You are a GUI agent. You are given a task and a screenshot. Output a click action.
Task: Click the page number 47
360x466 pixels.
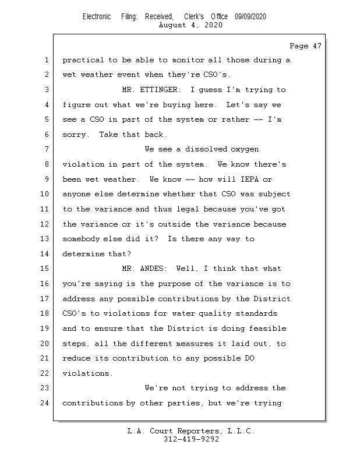tap(316, 46)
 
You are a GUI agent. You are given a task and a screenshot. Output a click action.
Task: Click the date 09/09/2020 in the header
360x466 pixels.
tap(250, 17)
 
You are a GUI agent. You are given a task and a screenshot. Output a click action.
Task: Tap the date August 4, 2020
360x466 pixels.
tap(190, 26)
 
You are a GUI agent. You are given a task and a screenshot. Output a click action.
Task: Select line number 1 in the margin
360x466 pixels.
tap(46, 61)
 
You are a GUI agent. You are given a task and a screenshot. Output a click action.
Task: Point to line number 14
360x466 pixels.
tap(44, 254)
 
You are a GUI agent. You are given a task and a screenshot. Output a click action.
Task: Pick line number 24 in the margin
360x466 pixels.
tap(44, 403)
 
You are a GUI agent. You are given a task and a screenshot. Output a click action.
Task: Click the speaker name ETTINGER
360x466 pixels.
tap(160, 90)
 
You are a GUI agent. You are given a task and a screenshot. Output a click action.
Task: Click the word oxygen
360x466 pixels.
tap(245, 150)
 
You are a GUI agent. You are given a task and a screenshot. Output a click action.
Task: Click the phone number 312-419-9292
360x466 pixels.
tap(191, 439)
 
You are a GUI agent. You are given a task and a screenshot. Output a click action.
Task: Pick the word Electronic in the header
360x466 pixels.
tap(97, 17)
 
